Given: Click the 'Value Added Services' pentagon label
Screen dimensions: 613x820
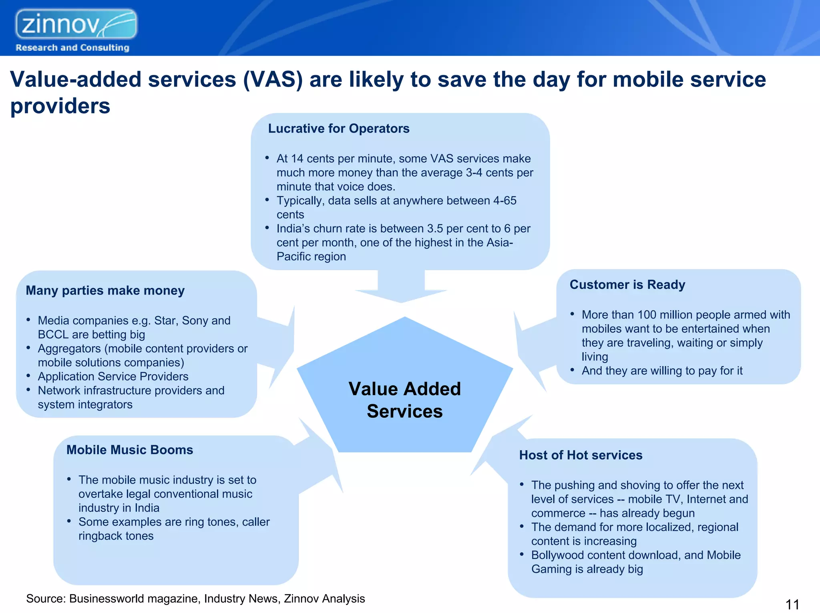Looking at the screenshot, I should (405, 400).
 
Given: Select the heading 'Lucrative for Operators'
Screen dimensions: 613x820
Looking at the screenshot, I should (339, 129).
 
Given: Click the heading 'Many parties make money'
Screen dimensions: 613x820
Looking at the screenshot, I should (105, 290).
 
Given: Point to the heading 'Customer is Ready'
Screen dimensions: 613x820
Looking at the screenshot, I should (627, 284).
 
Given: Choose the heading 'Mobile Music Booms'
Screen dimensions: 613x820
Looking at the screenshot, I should (130, 450).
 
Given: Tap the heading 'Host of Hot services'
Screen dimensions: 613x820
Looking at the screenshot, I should (581, 455).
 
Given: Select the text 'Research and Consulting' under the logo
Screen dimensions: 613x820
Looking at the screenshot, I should (72, 48).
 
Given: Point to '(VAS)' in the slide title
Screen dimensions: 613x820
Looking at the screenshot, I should (273, 79).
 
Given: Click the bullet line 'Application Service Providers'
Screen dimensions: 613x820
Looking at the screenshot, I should (113, 377).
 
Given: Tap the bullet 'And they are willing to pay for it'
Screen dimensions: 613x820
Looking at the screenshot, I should (662, 371).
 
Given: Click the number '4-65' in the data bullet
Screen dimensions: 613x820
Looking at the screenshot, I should (504, 201).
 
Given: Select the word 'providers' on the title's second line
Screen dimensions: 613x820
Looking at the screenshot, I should (60, 106).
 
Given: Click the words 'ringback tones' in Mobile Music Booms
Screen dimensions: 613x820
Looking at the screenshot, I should (116, 536).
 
